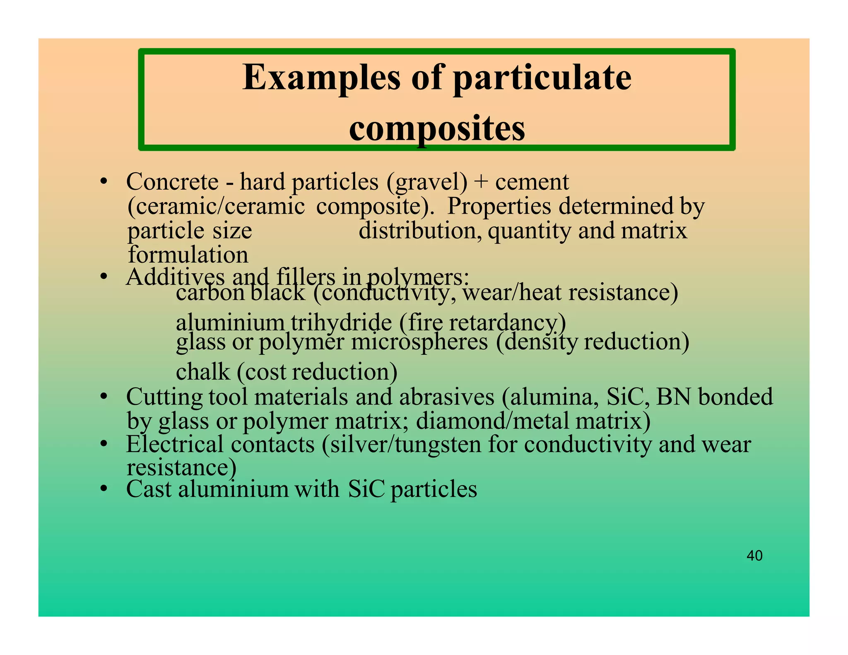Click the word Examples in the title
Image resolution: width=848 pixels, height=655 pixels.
tap(321, 78)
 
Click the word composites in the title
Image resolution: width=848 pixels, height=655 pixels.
tap(437, 128)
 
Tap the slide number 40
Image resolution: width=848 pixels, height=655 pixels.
tap(754, 556)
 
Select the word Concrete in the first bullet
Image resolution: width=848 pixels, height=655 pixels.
tap(172, 182)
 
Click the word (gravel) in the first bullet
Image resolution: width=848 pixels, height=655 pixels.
tap(427, 183)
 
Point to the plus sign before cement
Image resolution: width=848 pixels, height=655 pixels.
tap(481, 183)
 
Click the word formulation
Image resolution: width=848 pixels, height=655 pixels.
tap(188, 255)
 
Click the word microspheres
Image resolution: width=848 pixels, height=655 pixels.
tap(419, 342)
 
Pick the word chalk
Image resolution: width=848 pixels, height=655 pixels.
tap(203, 372)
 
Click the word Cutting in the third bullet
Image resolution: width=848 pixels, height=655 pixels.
tap(164, 397)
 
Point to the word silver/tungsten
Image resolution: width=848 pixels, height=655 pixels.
tap(401, 445)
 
